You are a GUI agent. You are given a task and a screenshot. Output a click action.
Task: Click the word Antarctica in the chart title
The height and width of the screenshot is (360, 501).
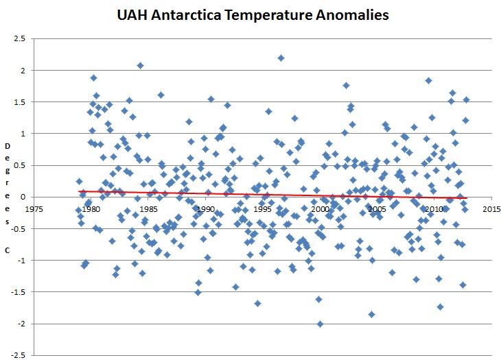(x=186, y=15)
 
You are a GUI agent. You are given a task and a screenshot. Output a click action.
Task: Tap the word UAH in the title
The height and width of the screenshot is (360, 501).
(x=132, y=15)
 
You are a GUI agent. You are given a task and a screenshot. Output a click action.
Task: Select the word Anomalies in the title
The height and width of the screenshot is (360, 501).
(x=352, y=15)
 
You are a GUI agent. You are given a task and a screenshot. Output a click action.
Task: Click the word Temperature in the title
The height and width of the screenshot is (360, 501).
(x=268, y=15)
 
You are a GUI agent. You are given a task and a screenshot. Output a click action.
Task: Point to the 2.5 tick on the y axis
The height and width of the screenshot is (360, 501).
(x=19, y=38)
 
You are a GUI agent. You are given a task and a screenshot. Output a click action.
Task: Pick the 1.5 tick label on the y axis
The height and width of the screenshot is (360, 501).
(x=19, y=101)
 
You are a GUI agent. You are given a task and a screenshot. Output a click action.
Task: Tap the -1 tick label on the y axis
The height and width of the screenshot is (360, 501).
(x=21, y=261)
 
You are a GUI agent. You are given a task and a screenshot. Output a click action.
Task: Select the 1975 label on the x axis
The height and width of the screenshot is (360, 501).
(x=34, y=209)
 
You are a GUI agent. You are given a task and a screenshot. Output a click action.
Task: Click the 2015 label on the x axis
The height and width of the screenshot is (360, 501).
(x=492, y=209)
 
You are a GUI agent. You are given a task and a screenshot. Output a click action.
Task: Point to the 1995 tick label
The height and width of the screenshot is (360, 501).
(x=263, y=209)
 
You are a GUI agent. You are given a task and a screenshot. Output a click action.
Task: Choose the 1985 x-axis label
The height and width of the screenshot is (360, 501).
(x=148, y=209)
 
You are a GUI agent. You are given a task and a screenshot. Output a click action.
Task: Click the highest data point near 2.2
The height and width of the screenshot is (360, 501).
(x=281, y=58)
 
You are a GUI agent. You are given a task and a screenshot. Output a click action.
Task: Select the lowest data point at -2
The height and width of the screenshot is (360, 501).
(x=320, y=324)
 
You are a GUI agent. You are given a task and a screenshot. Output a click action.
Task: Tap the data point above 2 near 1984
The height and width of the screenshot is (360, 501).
(x=140, y=66)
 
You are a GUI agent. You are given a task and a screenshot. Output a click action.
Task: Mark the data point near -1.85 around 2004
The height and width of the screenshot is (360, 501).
(x=371, y=314)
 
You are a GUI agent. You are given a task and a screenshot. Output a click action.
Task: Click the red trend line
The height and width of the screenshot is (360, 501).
(x=273, y=195)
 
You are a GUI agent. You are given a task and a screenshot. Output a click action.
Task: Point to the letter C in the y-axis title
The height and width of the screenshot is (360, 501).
(x=7, y=250)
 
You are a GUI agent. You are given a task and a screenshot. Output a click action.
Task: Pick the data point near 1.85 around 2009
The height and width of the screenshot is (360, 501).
(x=429, y=81)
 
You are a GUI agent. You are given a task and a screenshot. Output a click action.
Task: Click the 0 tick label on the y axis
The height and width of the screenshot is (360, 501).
(x=23, y=197)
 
